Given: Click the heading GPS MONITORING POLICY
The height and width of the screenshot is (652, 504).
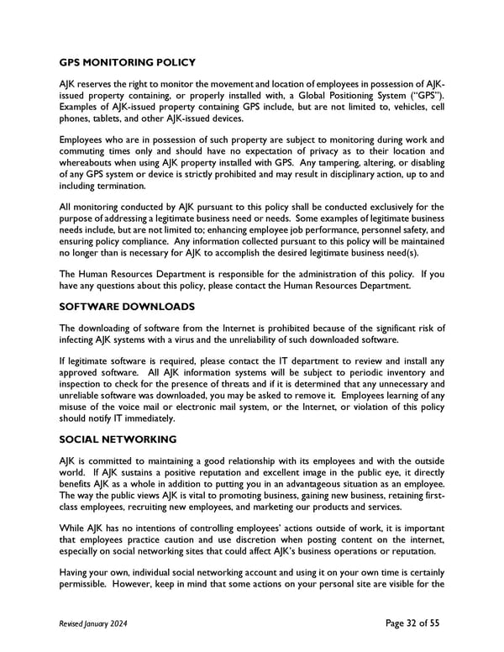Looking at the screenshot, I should [x=127, y=62].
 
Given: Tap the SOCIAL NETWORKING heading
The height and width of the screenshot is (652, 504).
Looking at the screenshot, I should [x=118, y=439].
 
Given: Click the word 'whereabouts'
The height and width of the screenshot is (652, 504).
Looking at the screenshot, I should [x=91, y=162].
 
